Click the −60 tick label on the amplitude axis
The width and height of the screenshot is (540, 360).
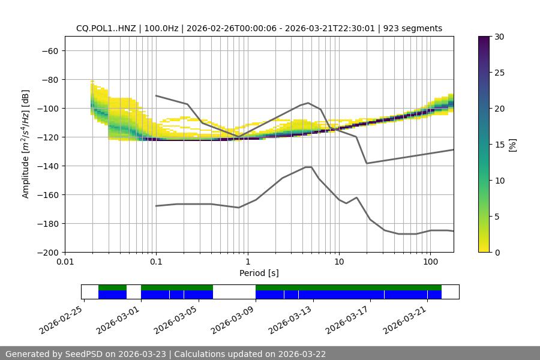(x=50, y=50)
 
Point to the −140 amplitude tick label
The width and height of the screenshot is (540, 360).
(x=47, y=166)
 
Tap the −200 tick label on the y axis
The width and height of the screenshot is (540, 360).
(x=47, y=252)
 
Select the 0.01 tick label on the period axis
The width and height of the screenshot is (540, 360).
(x=65, y=262)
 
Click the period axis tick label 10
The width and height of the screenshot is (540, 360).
(x=339, y=262)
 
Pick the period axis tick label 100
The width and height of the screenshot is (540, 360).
(x=430, y=262)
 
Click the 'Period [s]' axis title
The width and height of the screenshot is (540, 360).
(x=259, y=273)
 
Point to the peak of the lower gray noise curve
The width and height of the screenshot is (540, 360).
(x=308, y=167)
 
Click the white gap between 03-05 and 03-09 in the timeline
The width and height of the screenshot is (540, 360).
(x=234, y=292)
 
